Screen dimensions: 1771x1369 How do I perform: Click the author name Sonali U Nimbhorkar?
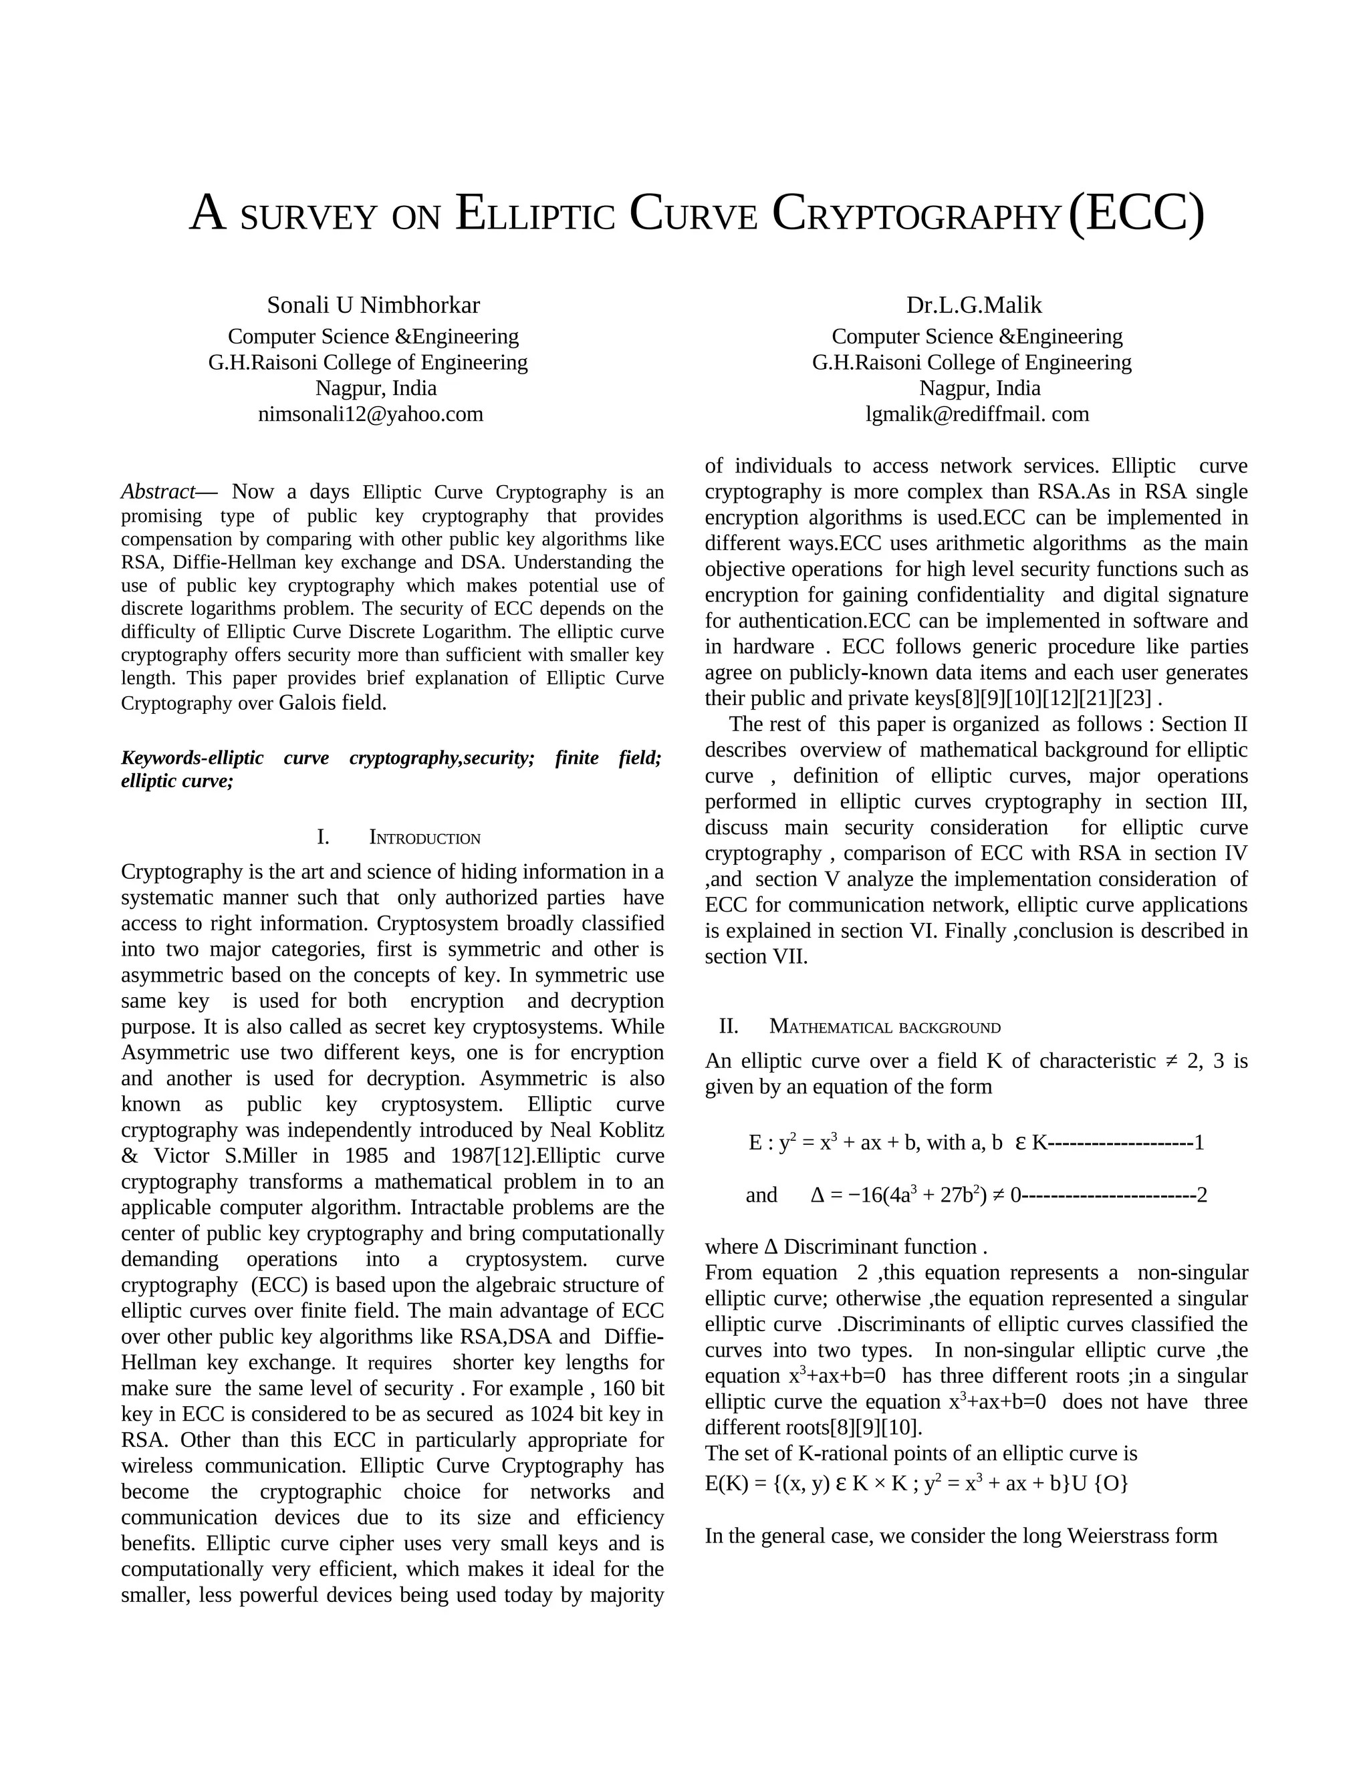tap(373, 305)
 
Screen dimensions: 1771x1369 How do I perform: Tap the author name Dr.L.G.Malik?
tap(973, 305)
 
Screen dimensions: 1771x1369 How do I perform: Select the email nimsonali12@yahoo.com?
tap(370, 414)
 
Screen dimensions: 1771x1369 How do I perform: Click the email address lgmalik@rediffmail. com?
tap(977, 414)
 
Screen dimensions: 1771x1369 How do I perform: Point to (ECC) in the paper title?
tap(1136, 213)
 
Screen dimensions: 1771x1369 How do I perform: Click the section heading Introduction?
tap(424, 839)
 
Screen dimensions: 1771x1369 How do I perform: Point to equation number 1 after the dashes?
tap(1199, 1143)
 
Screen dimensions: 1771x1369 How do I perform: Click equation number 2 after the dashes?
tap(1202, 1196)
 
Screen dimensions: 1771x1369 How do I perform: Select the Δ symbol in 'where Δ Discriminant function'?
tap(771, 1247)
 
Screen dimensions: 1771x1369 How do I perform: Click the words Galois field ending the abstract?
tap(332, 702)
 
